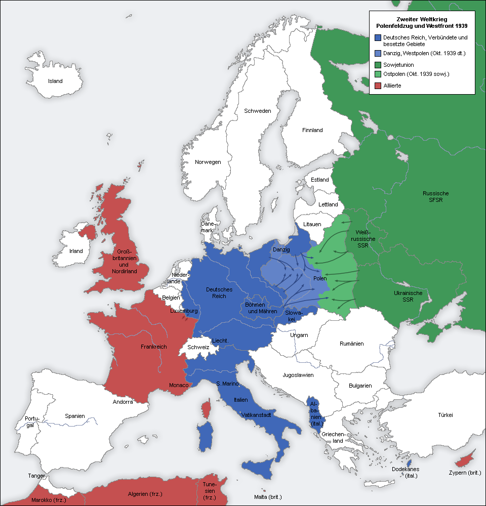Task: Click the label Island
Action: tap(55, 81)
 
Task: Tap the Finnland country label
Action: tap(312, 130)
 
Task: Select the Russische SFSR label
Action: tap(435, 197)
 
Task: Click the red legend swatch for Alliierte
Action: tap(378, 86)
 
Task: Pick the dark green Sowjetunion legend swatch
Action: tap(378, 65)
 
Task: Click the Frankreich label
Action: tap(154, 347)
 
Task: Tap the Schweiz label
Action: tap(198, 348)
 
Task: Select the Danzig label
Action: tap(281, 250)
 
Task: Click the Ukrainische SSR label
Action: tap(408, 297)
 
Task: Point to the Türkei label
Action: tap(445, 415)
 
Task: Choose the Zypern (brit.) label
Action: tap(464, 473)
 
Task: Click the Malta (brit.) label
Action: tap(268, 497)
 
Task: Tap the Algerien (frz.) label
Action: tap(146, 494)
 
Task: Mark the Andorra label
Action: tap(123, 402)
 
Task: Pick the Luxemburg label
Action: tap(183, 311)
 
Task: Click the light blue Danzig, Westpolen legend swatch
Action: tap(378, 53)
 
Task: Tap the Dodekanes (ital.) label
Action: tap(406, 473)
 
